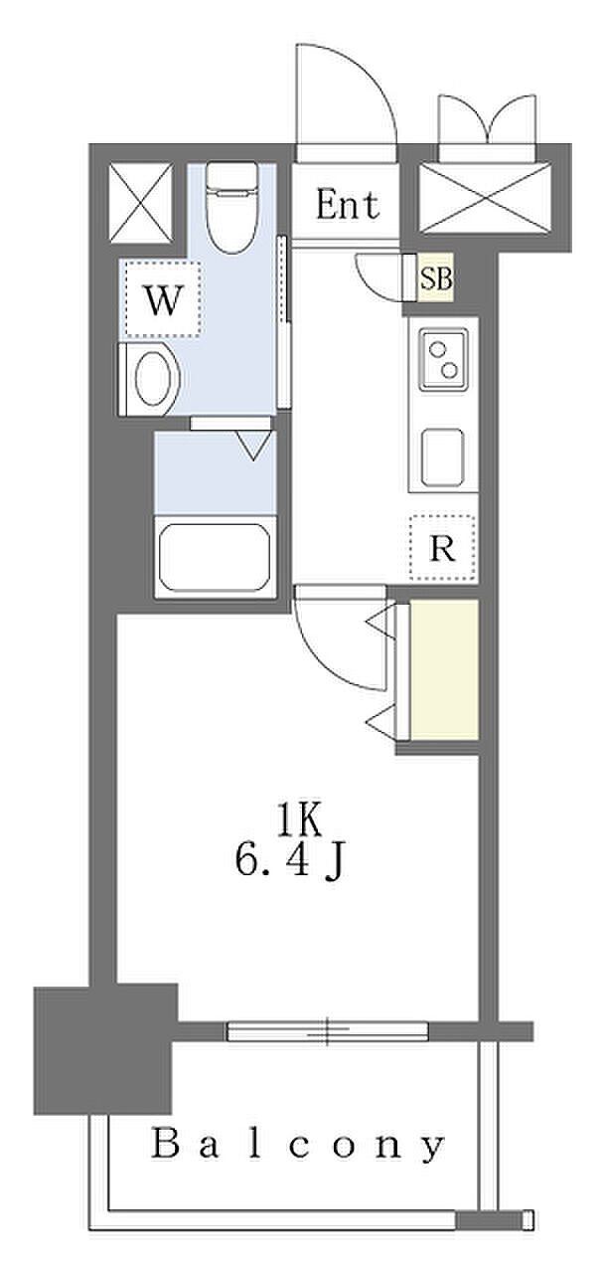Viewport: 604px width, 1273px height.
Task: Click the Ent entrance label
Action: coord(348,205)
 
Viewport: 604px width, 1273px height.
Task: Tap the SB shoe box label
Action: coord(436,278)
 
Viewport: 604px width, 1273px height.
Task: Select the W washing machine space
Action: coord(163,297)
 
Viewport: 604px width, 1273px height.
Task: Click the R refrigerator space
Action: coord(442,548)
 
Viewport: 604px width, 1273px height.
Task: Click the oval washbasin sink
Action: coord(153,379)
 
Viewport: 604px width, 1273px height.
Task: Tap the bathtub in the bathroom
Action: coord(216,557)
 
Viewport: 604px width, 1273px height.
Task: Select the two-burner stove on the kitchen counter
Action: coord(443,359)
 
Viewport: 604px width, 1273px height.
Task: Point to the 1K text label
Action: coord(299,821)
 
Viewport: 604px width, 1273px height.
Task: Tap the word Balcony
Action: coord(298,1144)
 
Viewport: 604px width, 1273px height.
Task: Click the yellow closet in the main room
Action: coord(444,670)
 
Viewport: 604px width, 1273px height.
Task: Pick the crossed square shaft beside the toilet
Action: coord(141,203)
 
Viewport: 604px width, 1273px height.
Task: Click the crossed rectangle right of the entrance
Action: coord(485,198)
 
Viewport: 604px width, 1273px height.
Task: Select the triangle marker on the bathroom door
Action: coord(253,445)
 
